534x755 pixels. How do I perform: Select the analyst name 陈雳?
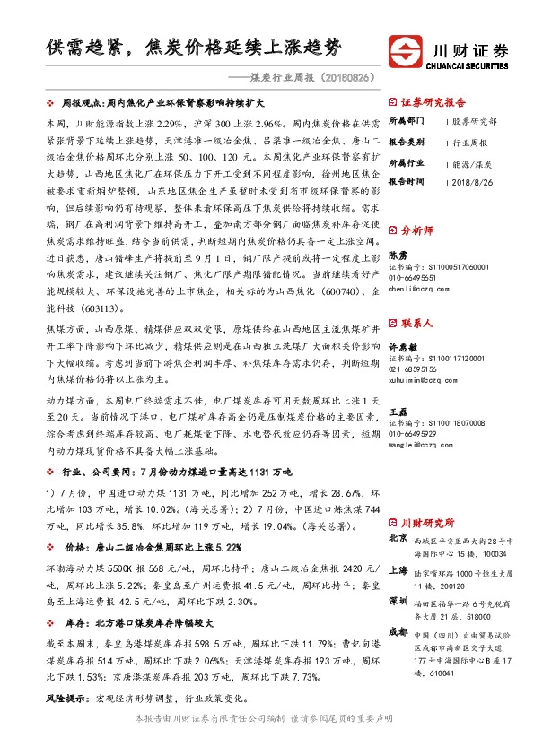[x=397, y=255]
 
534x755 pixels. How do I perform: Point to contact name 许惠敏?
[x=401, y=345]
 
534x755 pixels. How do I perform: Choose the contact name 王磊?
[x=397, y=412]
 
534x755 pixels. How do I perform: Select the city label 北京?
[x=398, y=539]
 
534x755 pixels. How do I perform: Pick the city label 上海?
[x=398, y=570]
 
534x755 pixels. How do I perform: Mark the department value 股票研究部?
[x=476, y=120]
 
